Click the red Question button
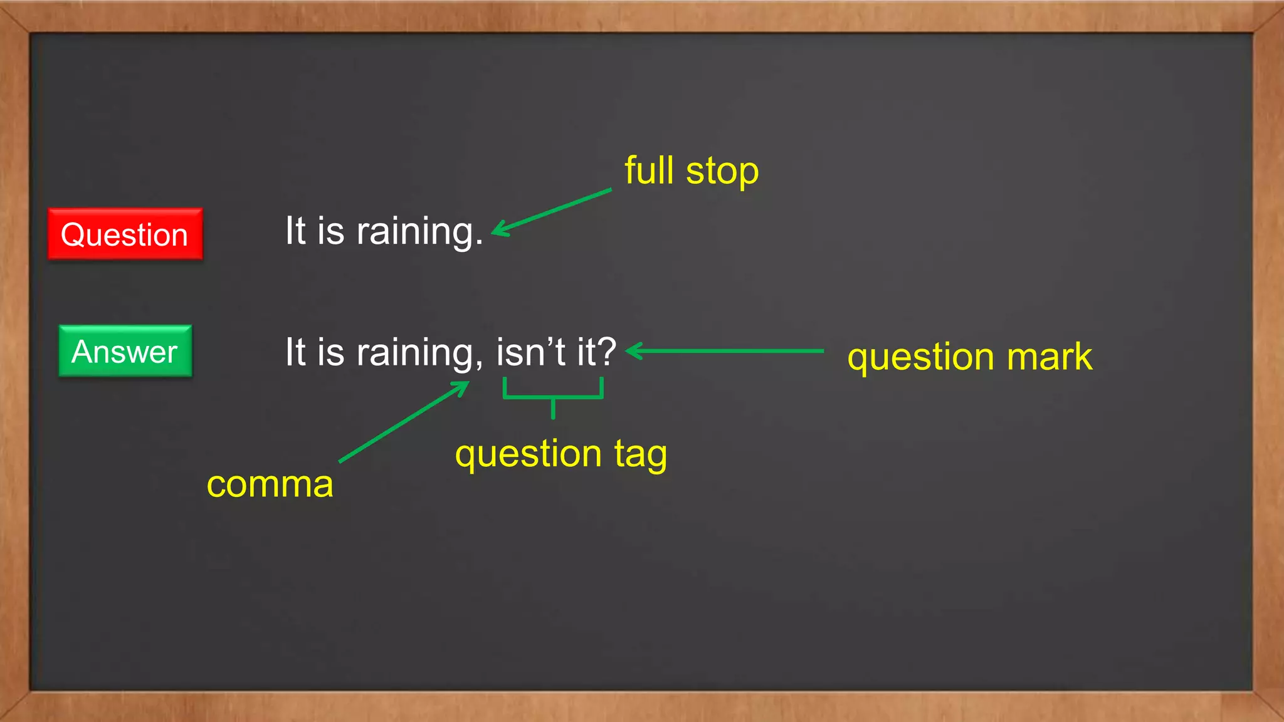tap(125, 234)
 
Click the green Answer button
tap(125, 351)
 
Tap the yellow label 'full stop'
tap(691, 170)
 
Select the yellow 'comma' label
tap(270, 484)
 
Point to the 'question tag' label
tap(560, 454)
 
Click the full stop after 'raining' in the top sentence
tap(479, 243)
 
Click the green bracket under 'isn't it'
tap(553, 396)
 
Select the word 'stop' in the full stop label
tap(722, 172)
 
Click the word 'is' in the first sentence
tap(331, 231)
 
